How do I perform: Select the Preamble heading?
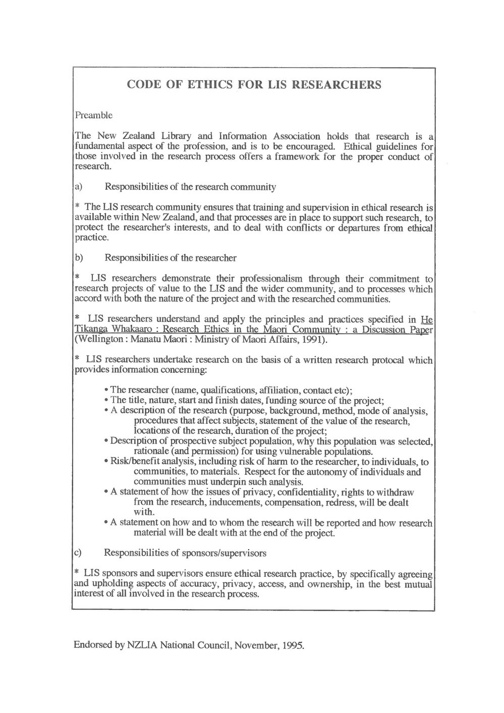93,115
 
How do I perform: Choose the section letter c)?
79,553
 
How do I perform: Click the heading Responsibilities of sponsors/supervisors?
185,553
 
